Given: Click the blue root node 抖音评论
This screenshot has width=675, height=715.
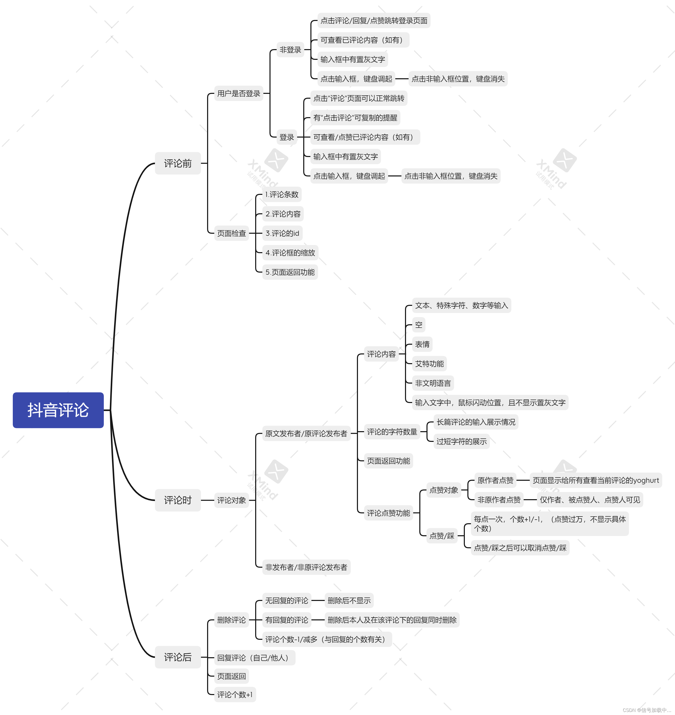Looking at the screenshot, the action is [x=58, y=410].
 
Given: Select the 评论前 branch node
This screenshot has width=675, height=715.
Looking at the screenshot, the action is [x=178, y=163].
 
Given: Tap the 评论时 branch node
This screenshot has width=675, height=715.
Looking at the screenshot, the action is [x=178, y=500].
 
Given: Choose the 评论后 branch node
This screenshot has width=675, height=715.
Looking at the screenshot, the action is [x=178, y=657].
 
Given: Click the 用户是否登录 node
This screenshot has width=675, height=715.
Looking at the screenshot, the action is [x=239, y=94].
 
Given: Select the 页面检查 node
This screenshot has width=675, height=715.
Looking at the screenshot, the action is [x=231, y=233].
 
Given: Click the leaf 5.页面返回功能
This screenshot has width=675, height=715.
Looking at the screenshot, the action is [x=290, y=272].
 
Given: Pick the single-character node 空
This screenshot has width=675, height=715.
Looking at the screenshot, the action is [x=419, y=325].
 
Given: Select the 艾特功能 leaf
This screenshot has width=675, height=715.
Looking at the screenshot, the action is [x=429, y=364].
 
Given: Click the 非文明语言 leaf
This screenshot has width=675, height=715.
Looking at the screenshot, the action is [x=433, y=383].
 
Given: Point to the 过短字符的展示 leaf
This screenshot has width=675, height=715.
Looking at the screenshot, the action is [x=461, y=442].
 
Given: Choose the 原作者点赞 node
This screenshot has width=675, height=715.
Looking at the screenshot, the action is [x=495, y=481].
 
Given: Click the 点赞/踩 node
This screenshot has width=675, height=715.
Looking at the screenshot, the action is [x=442, y=536].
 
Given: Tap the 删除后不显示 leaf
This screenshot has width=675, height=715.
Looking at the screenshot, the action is [x=349, y=601].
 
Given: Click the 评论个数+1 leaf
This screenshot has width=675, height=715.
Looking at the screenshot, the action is [x=235, y=695].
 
